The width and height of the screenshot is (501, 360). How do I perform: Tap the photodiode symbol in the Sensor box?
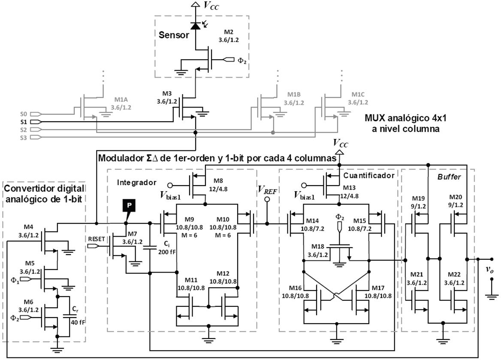(x=196, y=26)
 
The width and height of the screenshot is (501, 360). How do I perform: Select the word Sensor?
(x=174, y=35)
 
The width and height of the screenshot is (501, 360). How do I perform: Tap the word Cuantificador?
(x=368, y=175)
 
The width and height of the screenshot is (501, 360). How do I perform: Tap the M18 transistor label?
(x=317, y=247)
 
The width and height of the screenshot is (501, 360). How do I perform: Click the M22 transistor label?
(x=455, y=274)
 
